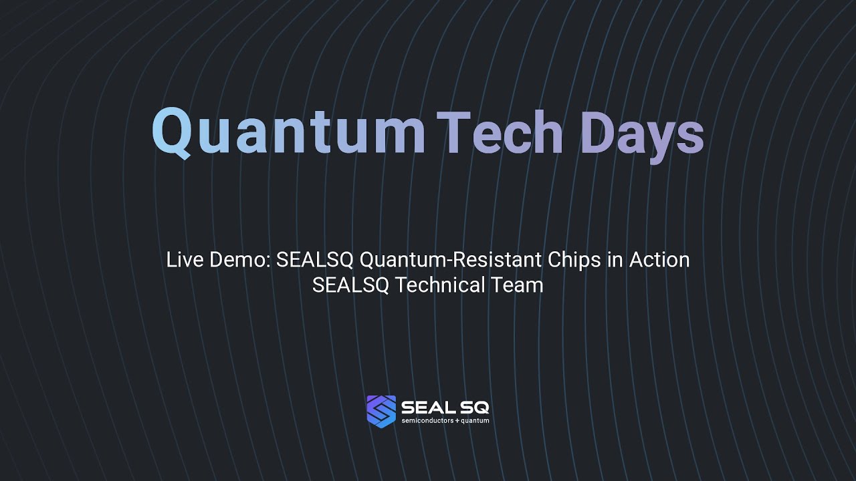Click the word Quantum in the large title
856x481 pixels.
[x=288, y=132]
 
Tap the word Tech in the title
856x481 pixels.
[x=500, y=132]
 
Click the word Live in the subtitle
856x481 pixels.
[x=185, y=259]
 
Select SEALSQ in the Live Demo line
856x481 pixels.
[x=314, y=259]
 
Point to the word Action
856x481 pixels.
[x=659, y=259]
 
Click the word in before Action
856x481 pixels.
[x=615, y=259]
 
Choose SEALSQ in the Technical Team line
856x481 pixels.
[x=350, y=285]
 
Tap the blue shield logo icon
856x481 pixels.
[x=381, y=411]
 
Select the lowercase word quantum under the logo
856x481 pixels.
[x=475, y=421]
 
